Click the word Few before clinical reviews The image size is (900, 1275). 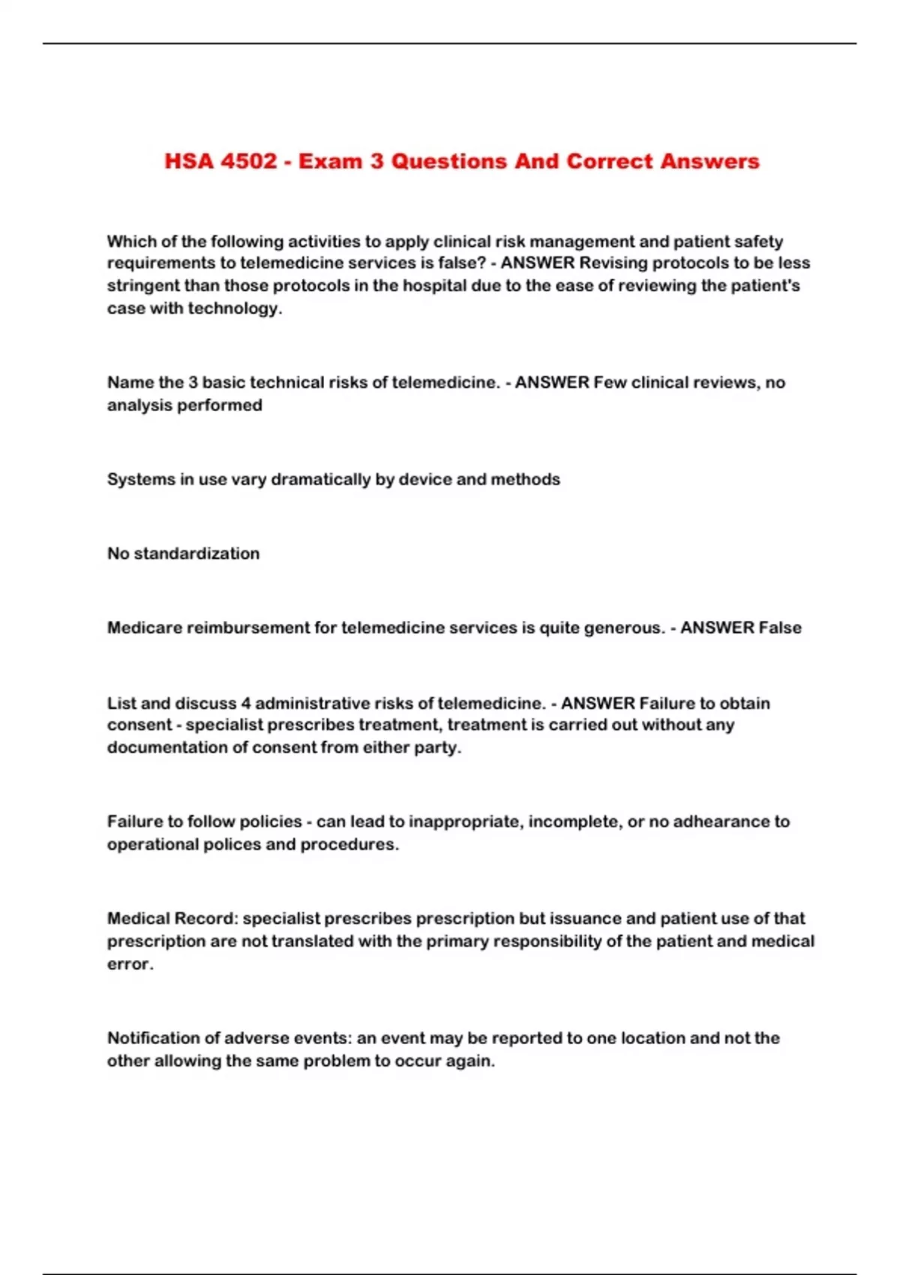(610, 382)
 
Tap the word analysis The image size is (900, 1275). (136, 405)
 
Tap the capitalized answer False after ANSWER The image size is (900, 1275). (780, 628)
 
